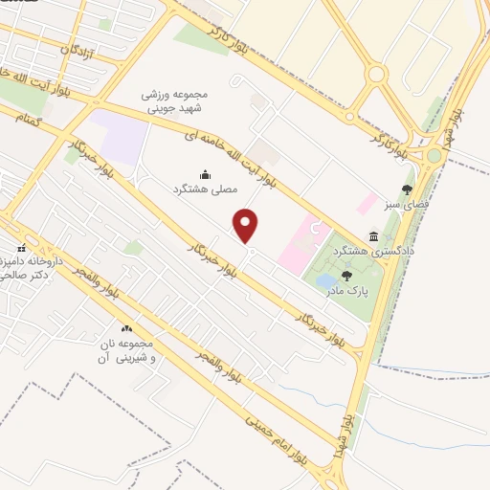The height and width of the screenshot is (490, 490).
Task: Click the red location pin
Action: coord(247,226)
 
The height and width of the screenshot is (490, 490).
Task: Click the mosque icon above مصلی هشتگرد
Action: coord(205,174)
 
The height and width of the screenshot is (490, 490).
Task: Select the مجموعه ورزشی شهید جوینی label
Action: coord(177,103)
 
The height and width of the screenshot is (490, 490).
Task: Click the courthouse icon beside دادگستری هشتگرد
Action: coord(372,236)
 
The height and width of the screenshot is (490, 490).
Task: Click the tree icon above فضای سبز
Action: coord(407,189)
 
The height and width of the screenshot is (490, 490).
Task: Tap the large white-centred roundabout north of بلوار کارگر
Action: coord(376,74)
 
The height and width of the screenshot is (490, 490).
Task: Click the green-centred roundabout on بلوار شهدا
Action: coord(434,155)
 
